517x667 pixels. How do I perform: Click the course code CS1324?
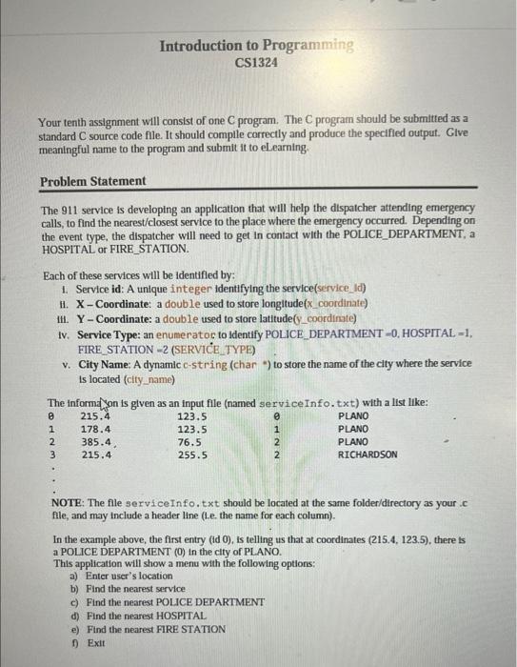(x=256, y=63)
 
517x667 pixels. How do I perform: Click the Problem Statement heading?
(x=93, y=181)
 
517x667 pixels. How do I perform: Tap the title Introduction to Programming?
(x=256, y=46)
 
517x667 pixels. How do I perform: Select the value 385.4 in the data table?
(x=97, y=442)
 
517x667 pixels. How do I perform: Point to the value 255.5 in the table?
(x=192, y=455)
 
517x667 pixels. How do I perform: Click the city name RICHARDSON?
(x=368, y=455)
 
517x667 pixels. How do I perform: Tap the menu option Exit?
(x=95, y=643)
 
